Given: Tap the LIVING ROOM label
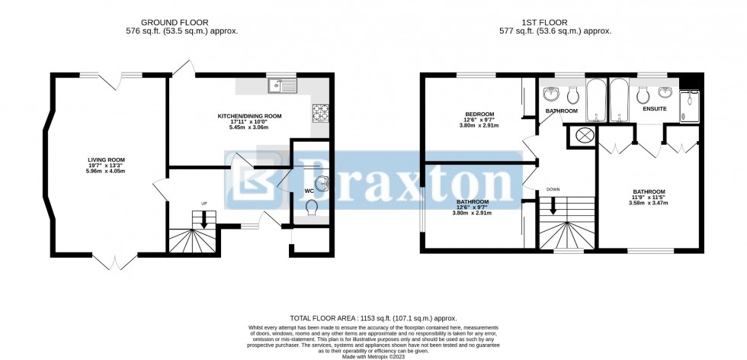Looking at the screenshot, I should tap(105, 160).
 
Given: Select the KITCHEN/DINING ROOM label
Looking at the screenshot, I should tap(249, 116).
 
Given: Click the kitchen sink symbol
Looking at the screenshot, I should tap(281, 85).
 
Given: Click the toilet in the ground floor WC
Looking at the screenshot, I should tap(312, 208).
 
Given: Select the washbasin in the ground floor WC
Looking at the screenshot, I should tap(322, 182).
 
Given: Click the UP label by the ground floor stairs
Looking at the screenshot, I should tap(204, 203).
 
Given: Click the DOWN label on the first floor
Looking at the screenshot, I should tap(553, 188).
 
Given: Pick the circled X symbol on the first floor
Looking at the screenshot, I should tap(585, 136).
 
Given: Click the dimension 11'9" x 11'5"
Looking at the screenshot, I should tap(649, 198).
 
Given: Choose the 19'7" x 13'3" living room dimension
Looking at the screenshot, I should tap(105, 167).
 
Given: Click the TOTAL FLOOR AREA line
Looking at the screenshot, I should tap(373, 317).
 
